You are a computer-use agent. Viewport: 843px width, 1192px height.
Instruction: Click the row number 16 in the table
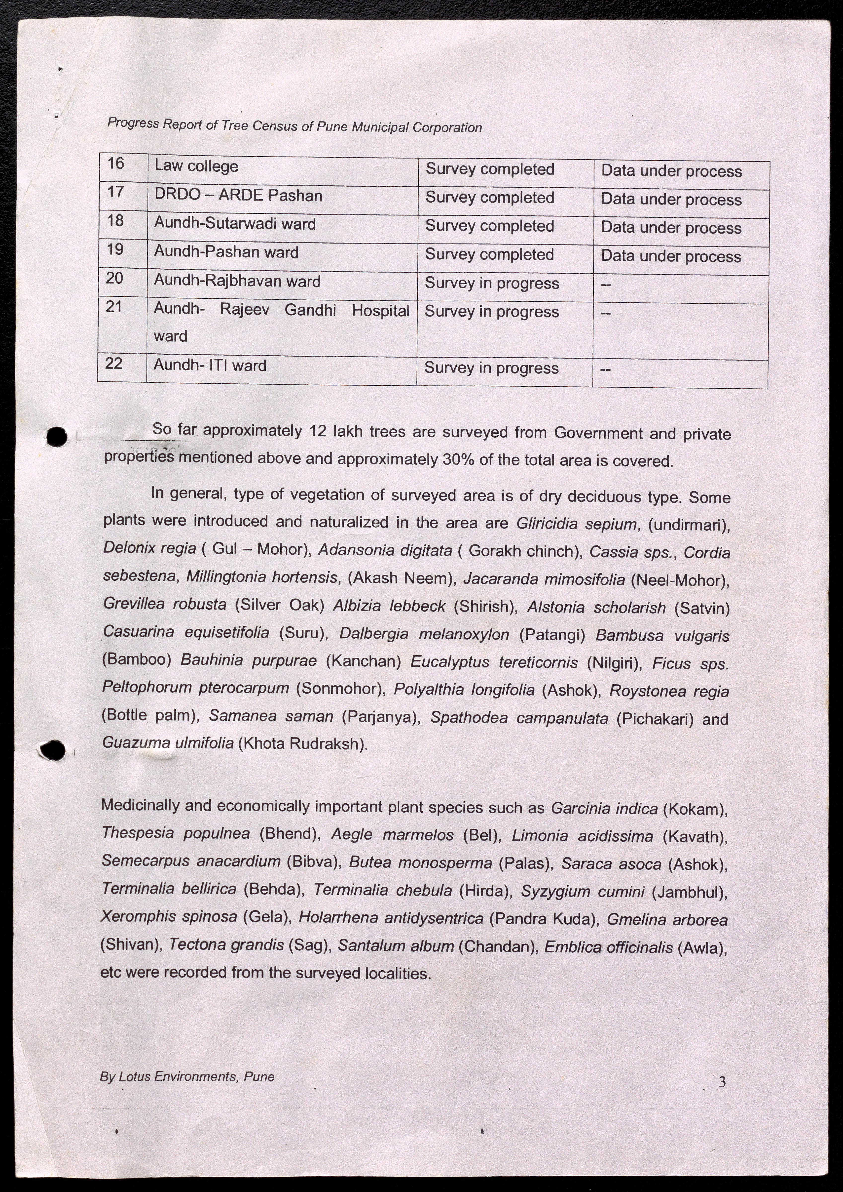click(116, 164)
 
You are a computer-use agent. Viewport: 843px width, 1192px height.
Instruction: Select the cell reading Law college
click(196, 166)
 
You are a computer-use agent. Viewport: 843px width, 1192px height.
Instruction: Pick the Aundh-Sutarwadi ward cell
click(235, 224)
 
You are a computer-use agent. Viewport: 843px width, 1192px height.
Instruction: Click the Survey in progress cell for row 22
click(491, 368)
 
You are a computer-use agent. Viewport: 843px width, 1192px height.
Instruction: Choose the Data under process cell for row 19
click(671, 257)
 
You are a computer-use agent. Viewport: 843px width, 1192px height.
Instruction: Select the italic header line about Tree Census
click(294, 126)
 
